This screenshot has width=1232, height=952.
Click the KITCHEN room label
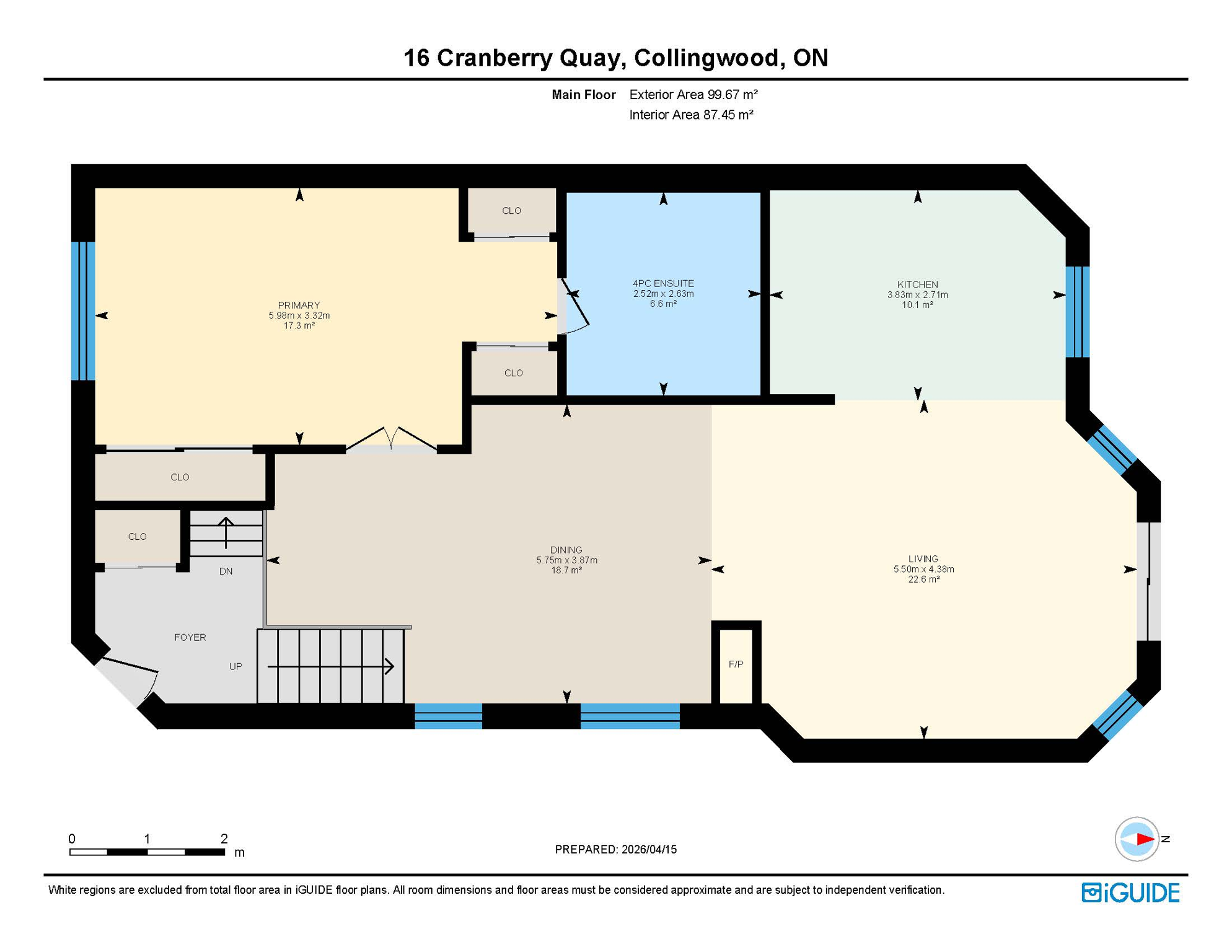pos(917,284)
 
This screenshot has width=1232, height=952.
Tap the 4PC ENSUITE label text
pos(663,283)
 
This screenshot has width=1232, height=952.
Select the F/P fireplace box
pos(736,664)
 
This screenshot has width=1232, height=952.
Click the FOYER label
pos(190,637)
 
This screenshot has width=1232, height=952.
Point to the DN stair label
pos(226,571)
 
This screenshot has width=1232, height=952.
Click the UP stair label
pos(235,667)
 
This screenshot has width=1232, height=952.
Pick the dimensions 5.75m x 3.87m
pos(566,560)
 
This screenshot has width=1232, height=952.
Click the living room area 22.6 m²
pos(923,580)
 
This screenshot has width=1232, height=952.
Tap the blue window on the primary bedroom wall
pos(83,311)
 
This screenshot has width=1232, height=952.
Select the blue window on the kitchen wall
pos(1077,312)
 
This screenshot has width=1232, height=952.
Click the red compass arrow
pos(1144,839)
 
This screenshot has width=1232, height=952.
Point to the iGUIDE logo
pos(1130,892)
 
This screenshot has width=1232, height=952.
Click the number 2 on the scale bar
pos(224,839)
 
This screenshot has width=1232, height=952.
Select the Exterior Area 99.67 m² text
pos(693,95)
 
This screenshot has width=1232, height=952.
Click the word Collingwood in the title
pos(706,58)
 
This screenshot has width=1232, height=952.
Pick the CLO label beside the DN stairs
pos(137,537)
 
